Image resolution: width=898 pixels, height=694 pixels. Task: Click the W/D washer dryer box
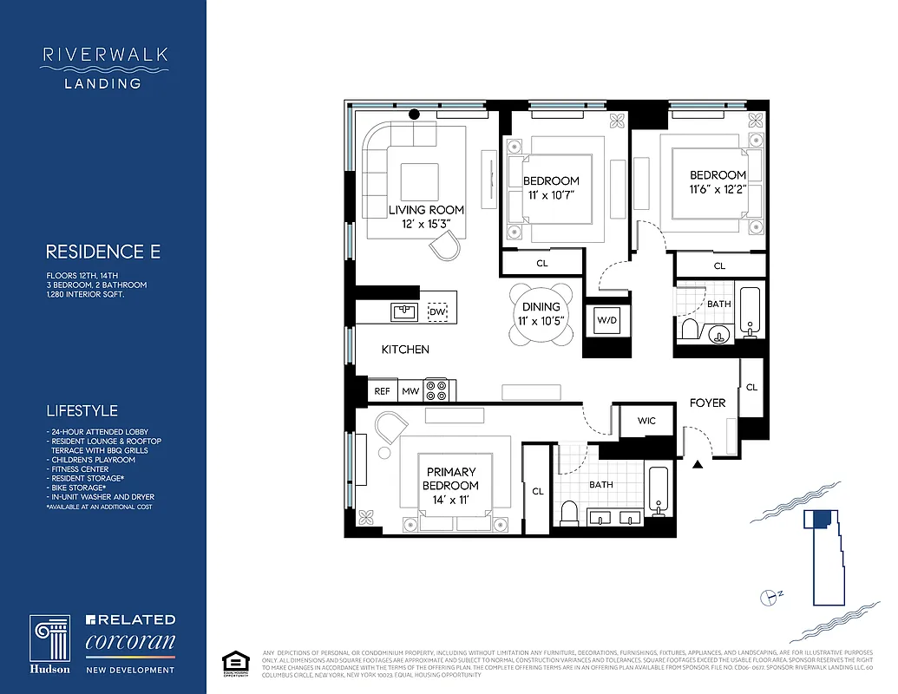[x=604, y=320]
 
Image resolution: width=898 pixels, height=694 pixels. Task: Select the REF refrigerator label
[x=382, y=391]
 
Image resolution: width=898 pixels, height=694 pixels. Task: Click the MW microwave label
[x=410, y=391]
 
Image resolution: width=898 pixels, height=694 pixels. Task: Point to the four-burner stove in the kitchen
[x=436, y=390]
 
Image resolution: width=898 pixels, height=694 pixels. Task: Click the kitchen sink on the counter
[x=402, y=311]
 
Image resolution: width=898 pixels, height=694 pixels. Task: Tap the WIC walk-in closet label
[x=646, y=421]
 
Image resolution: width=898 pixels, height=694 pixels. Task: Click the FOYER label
[x=707, y=403]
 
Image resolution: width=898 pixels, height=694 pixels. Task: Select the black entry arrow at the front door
[x=698, y=465]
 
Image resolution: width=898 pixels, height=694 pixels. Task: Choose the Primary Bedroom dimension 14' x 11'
[x=451, y=499]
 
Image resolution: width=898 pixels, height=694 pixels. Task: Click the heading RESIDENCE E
[x=102, y=252]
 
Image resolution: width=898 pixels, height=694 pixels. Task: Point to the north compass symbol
[x=768, y=596]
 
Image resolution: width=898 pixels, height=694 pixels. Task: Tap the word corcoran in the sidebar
[x=130, y=643]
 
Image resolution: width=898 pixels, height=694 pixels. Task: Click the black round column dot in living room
[x=414, y=114]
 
